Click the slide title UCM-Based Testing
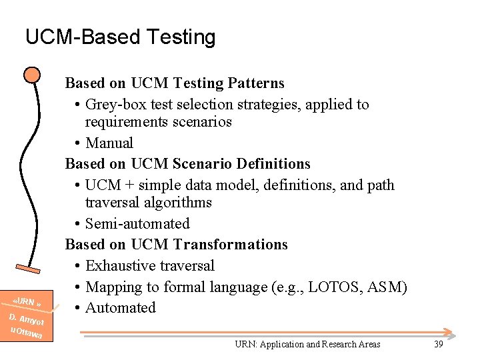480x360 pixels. [120, 37]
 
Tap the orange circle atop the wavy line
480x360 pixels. [31, 74]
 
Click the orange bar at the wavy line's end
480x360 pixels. [34, 269]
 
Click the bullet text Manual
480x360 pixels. [109, 143]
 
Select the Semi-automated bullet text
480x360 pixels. [137, 224]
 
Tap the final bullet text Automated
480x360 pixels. [121, 308]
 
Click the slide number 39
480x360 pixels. [438, 344]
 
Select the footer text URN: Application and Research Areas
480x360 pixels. [307, 344]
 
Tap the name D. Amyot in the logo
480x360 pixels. [26, 318]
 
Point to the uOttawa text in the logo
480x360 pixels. [26, 331]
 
